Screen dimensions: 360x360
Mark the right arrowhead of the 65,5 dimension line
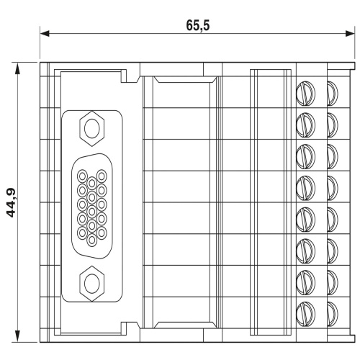(x=352, y=34)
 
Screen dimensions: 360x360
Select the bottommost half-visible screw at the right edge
(x=332, y=310)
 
